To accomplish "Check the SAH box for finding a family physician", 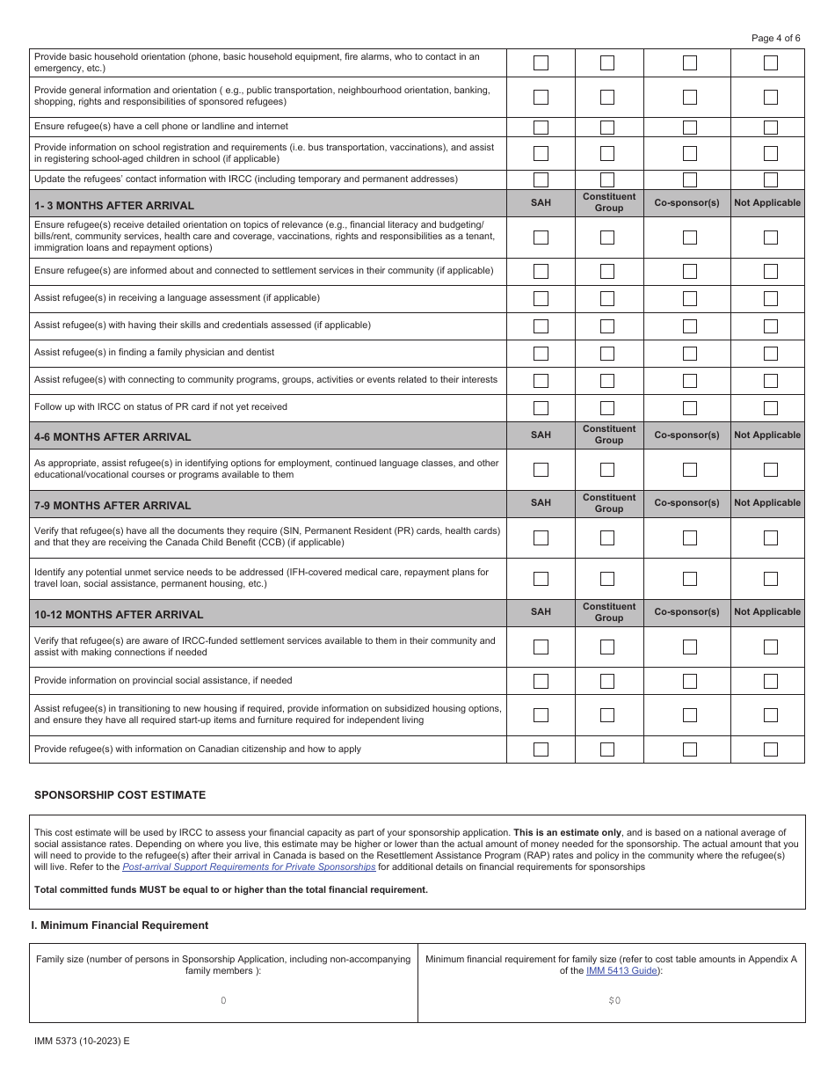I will pos(541,354).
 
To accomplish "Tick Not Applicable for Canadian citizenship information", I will pos(770,749).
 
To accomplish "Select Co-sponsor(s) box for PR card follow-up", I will pos(690,408).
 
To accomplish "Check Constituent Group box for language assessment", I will pos(606,299).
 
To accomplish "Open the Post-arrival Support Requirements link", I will pos(249,866).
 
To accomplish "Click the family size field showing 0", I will pos(223,1000).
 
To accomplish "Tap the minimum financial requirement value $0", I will pos(614,1000).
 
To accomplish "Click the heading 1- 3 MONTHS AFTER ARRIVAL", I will pos(114,206).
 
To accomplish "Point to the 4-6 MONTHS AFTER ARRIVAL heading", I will pos(113,436).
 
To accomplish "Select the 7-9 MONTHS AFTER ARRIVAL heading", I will pos(113,505).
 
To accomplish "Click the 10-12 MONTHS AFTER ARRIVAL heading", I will pos(119,614).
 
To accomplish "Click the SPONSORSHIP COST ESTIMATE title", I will pos(120,794).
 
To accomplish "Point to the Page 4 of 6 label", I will pos(776,38).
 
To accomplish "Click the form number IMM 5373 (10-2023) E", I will pos(82,1040).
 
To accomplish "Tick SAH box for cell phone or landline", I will pos(541,128).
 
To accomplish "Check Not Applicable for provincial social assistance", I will pos(770,681).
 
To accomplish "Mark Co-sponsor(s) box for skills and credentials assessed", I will pos(690,326).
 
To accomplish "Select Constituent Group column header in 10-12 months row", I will pos(608,612).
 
